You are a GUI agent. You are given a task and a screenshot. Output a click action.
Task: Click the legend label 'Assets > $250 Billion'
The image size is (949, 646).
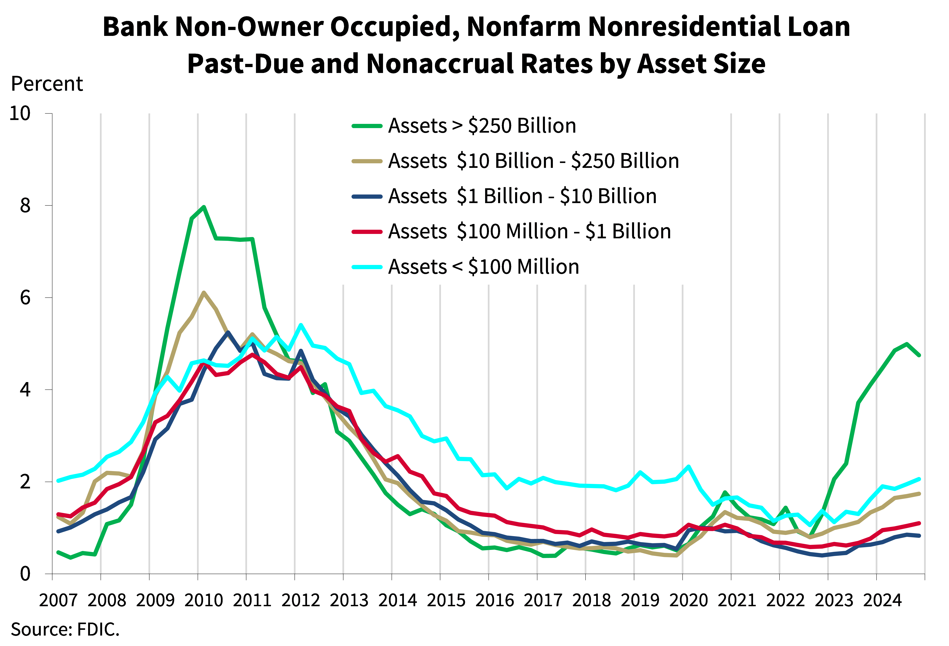pyautogui.click(x=482, y=126)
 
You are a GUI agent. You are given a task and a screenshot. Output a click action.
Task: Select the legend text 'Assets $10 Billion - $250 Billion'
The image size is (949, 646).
pyautogui.click(x=533, y=161)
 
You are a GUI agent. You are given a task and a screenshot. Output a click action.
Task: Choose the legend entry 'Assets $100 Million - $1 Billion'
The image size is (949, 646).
pyautogui.click(x=529, y=232)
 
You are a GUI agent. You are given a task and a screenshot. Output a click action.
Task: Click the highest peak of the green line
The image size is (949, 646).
pyautogui.click(x=204, y=207)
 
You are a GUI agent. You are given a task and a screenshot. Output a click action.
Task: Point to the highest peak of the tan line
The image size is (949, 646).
pyautogui.click(x=204, y=292)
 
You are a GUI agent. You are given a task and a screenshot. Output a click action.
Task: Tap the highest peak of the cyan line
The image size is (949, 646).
pyautogui.click(x=301, y=325)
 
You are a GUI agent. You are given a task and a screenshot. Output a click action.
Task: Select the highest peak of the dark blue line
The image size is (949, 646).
pyautogui.click(x=228, y=332)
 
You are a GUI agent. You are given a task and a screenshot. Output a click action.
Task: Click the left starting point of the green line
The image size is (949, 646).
pyautogui.click(x=58, y=552)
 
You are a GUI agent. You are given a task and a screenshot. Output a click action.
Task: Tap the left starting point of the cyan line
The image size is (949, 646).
pyautogui.click(x=58, y=481)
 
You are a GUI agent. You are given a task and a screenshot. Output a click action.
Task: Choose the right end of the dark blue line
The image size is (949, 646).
pyautogui.click(x=919, y=536)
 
